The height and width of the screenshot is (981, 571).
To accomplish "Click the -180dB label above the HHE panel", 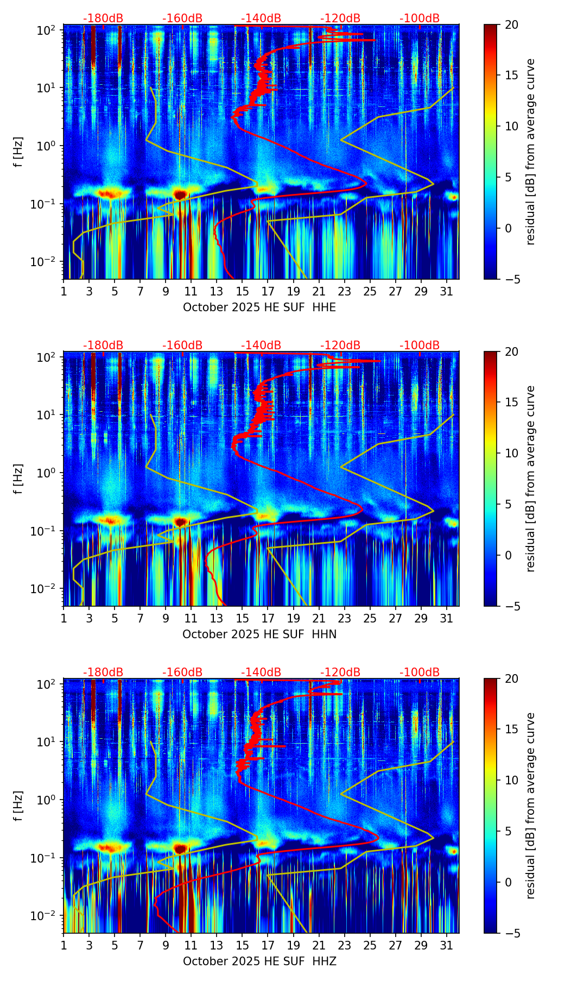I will tap(103, 18).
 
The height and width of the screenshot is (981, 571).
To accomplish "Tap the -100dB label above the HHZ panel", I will tap(420, 672).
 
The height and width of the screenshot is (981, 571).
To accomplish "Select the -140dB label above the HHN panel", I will tap(261, 345).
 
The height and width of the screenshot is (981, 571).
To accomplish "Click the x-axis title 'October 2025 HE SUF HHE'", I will tap(259, 307).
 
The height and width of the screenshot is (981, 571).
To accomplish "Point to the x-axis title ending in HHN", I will tap(259, 634).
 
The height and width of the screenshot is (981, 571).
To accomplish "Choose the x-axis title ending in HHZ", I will tap(259, 961).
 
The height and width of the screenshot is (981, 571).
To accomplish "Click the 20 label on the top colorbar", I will tap(511, 24).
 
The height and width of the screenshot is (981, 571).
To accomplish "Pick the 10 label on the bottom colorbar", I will tap(511, 780).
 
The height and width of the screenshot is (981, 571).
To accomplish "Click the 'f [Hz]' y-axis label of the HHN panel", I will tap(18, 479).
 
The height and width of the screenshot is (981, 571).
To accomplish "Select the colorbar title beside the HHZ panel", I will tap(530, 806).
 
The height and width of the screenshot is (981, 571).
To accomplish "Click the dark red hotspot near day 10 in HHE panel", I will tap(180, 194).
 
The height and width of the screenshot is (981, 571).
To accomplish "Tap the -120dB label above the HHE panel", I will tap(340, 18).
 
